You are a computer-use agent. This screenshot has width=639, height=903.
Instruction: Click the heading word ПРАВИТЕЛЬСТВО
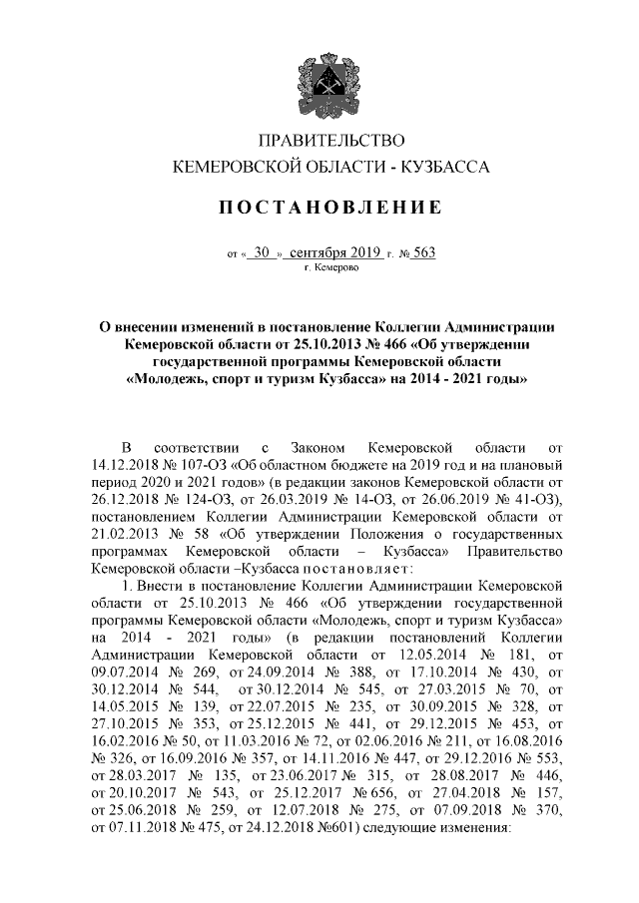pyautogui.click(x=319, y=146)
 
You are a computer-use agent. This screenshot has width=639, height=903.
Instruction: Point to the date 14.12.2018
pyautogui.click(x=127, y=465)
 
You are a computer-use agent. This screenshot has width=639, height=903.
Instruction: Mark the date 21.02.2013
pyautogui.click(x=127, y=534)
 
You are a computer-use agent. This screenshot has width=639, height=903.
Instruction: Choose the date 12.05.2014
pyautogui.click(x=428, y=655)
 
